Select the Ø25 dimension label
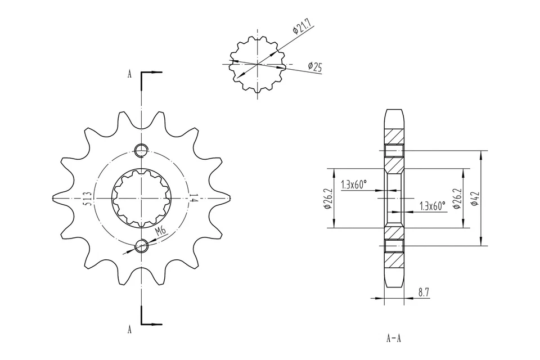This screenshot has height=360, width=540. [314, 67]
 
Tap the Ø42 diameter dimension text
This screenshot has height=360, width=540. [475, 199]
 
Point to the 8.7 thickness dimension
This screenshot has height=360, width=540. [423, 291]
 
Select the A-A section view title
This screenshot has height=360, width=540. [394, 338]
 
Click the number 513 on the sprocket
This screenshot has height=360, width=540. [88, 199]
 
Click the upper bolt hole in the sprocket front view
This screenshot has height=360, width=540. [141, 150]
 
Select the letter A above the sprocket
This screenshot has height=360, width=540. [129, 74]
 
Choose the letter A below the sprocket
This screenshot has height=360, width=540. [129, 330]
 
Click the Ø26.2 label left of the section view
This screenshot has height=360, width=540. [327, 199]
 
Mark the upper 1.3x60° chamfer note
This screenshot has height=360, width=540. [354, 184]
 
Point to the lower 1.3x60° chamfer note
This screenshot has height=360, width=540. [433, 206]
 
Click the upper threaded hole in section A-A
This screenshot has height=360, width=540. [394, 150]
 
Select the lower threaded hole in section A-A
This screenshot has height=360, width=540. [394, 245]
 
